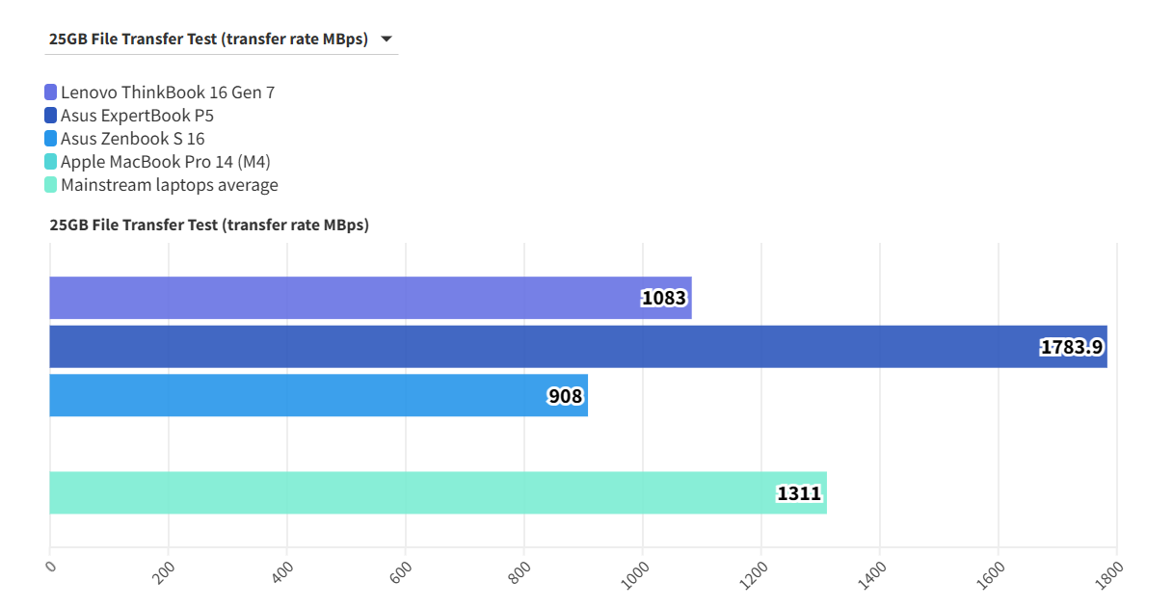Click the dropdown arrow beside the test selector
(x=386, y=40)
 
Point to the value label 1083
(x=664, y=298)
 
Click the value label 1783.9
(x=1071, y=347)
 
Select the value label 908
(x=566, y=396)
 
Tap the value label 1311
(x=799, y=493)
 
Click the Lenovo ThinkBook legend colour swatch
(x=51, y=93)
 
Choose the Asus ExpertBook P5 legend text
(x=137, y=116)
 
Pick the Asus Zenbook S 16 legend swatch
(x=51, y=139)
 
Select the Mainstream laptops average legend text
(x=169, y=185)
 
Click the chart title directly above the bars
(x=209, y=225)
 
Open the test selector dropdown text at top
(x=208, y=40)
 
